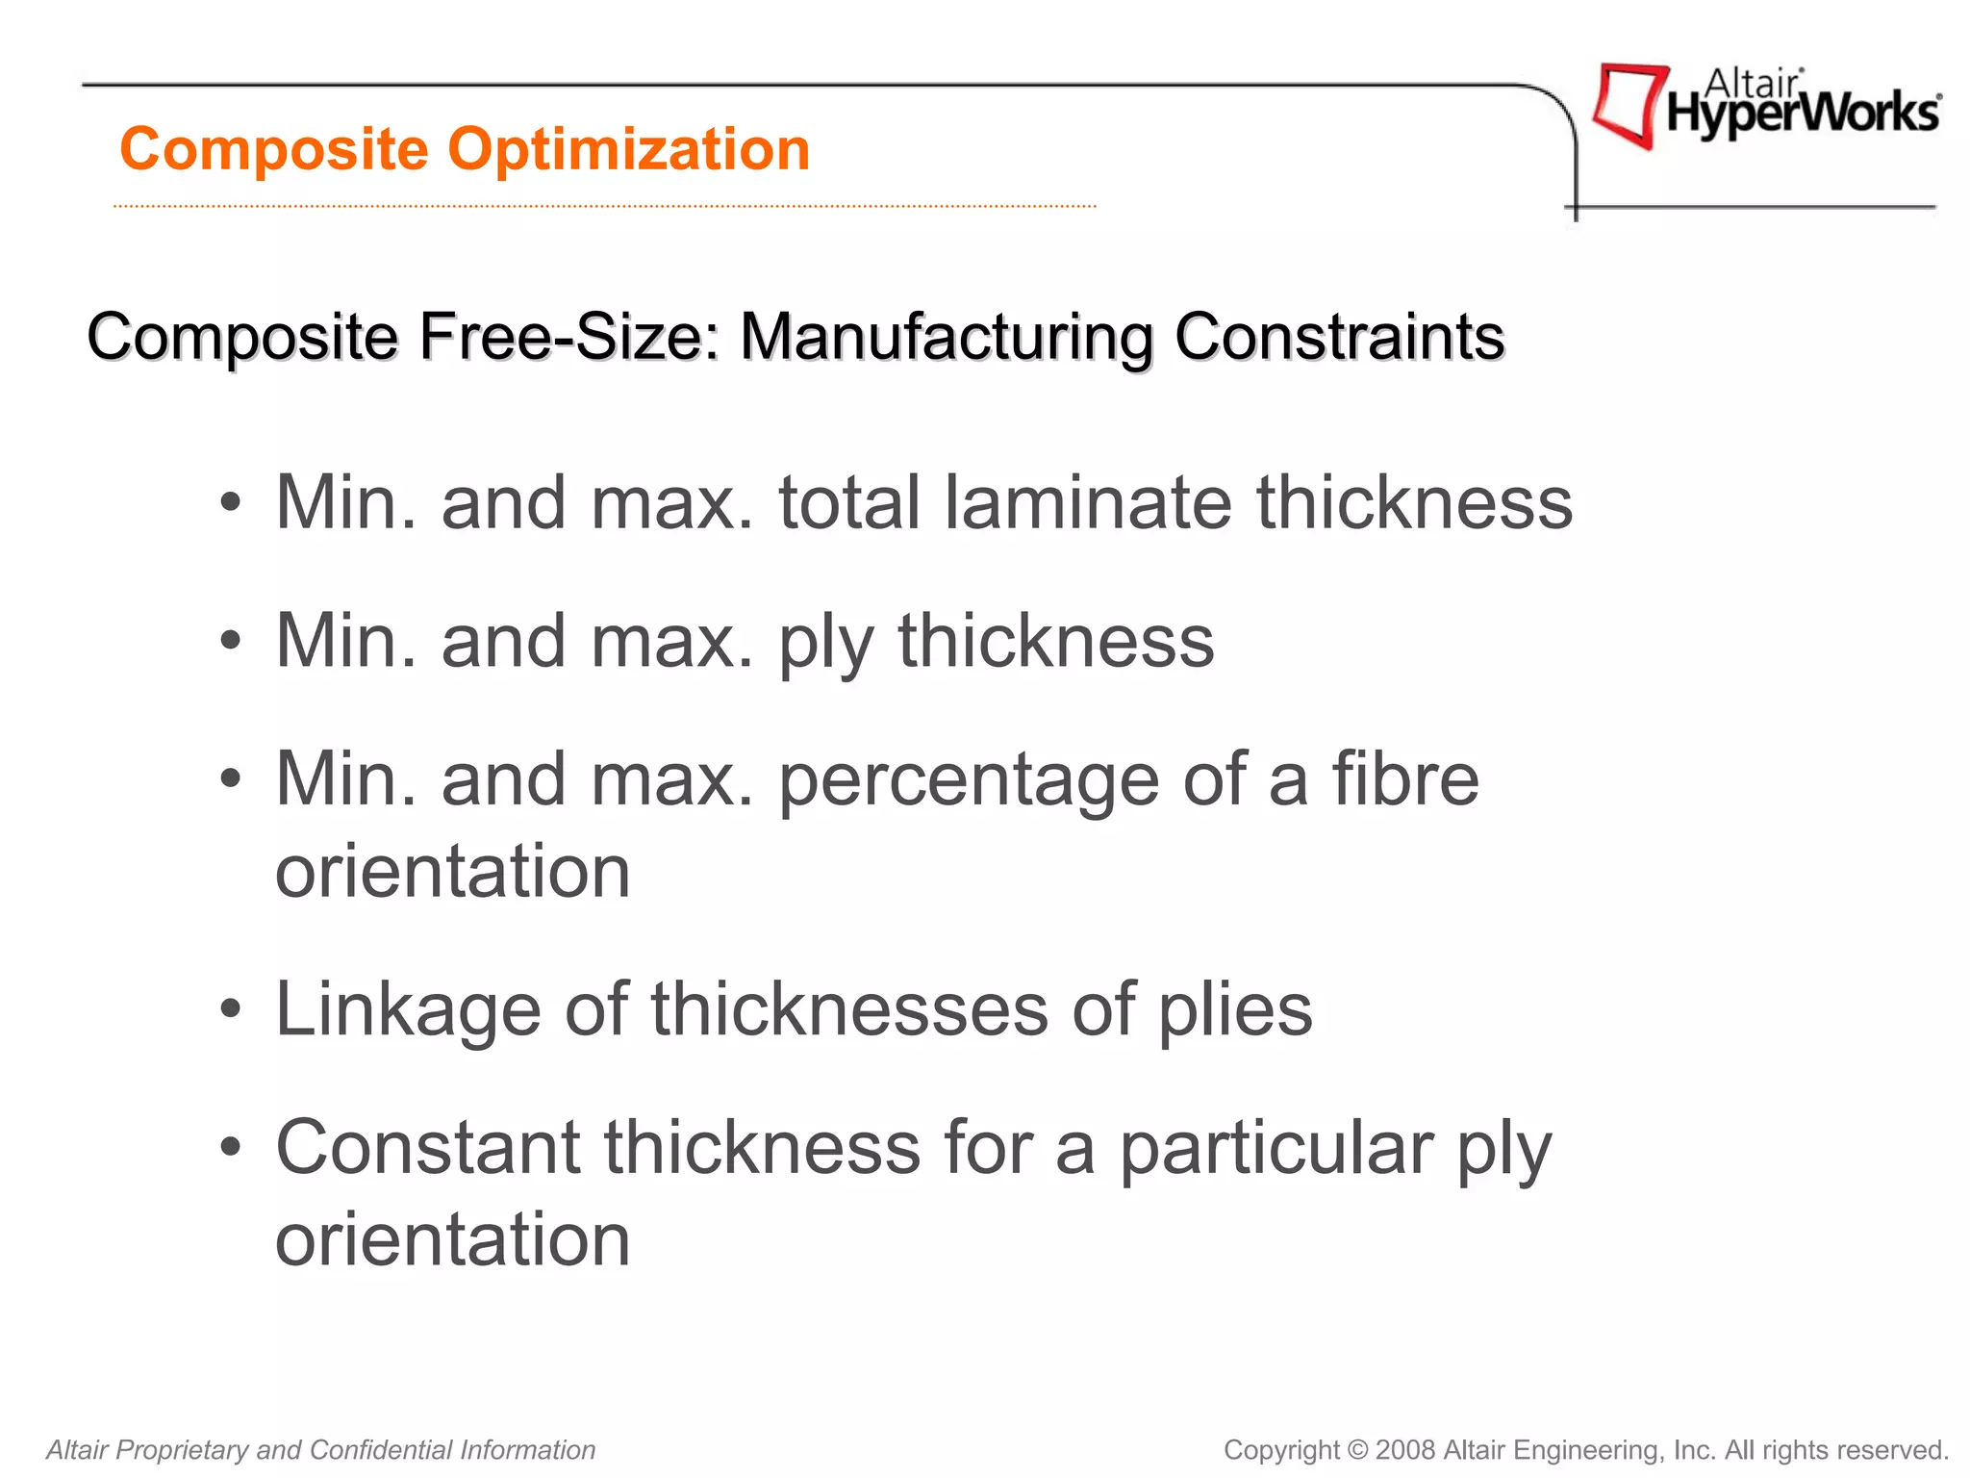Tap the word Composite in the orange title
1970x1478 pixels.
point(274,150)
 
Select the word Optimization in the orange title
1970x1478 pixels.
point(629,150)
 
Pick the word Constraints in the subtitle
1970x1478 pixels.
point(1339,337)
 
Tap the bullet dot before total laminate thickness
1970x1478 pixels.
point(230,503)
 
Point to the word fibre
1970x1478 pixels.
point(1404,779)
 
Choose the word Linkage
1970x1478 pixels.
point(408,1009)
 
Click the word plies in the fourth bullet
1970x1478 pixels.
point(1235,1011)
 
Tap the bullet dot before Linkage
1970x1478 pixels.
point(230,1010)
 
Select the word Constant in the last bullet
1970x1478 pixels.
point(428,1147)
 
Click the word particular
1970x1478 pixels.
point(1275,1149)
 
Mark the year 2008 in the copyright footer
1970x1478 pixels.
point(1405,1450)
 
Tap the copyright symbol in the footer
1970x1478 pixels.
point(1357,1450)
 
